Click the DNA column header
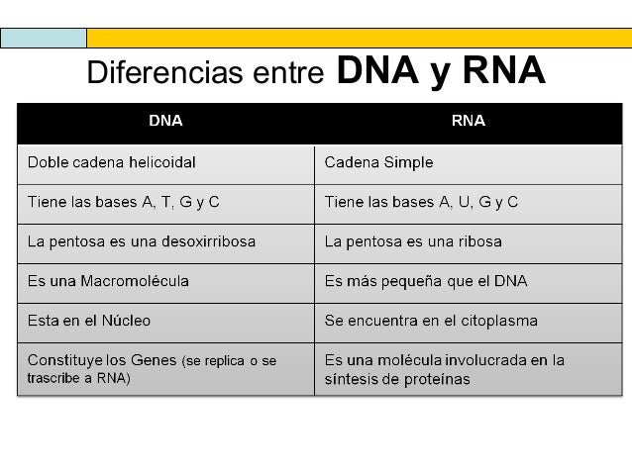pyautogui.click(x=164, y=122)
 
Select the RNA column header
pyautogui.click(x=468, y=122)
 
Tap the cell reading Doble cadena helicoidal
pyautogui.click(x=111, y=162)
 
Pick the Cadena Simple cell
pyautogui.click(x=379, y=162)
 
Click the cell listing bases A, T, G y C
pyautogui.click(x=123, y=202)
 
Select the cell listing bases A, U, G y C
pyautogui.click(x=422, y=202)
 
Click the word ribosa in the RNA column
pyautogui.click(x=478, y=241)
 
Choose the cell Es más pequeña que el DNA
pyautogui.click(x=426, y=281)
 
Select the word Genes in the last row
pyautogui.click(x=157, y=360)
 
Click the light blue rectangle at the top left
pyautogui.click(x=44, y=38)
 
